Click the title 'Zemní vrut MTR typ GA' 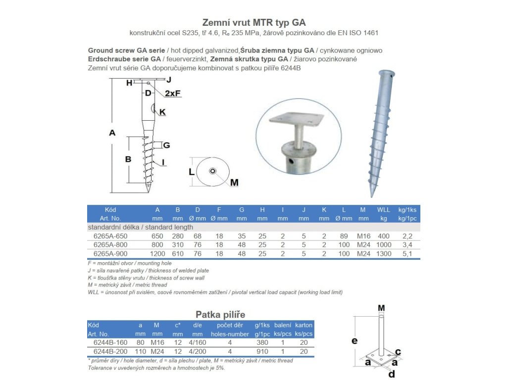coord(254,22)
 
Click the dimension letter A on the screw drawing coord(112,132)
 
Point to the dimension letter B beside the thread coord(128,159)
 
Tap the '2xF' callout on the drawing coord(173,93)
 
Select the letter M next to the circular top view coord(234,183)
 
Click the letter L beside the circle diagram coord(191,171)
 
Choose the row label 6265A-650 coord(110,236)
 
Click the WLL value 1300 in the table coord(383,254)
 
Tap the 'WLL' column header coord(383,210)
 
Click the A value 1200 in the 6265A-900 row coord(157,254)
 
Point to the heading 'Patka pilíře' coord(220,314)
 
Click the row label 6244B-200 coord(110,351)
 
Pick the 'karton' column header coord(304,325)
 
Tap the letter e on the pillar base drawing coord(355,340)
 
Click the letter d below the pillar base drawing coord(392,374)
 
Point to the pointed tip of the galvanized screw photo coord(372,194)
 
